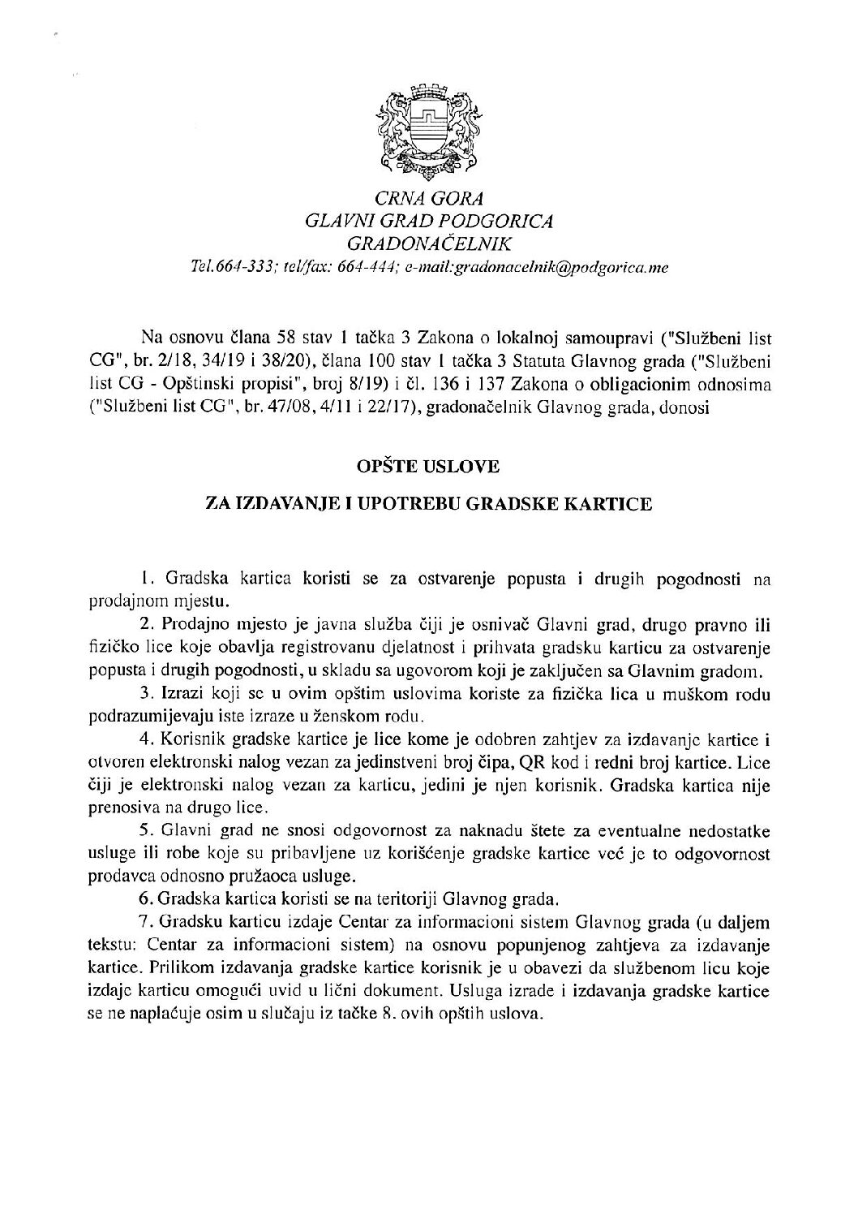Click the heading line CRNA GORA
(427, 198)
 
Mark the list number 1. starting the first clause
(147, 579)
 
